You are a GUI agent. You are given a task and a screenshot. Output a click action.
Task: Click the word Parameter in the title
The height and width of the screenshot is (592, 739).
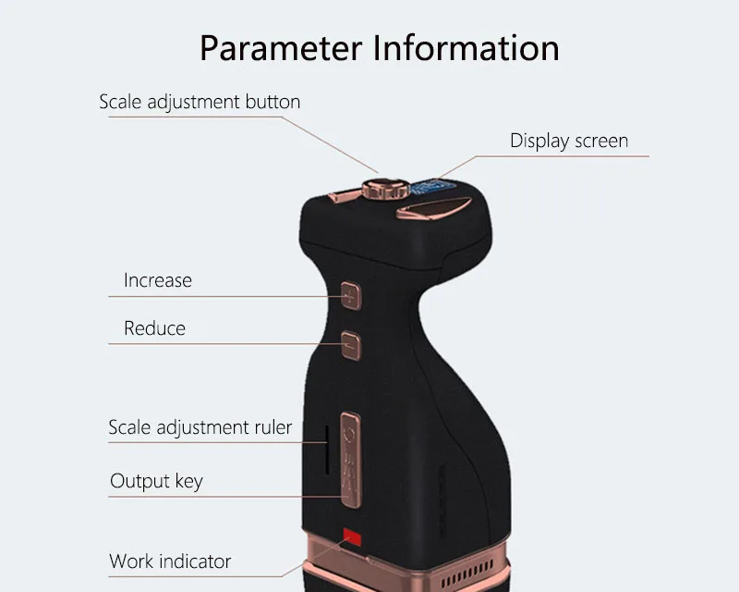point(283,47)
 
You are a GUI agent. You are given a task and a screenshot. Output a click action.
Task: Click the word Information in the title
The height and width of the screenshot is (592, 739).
point(466,47)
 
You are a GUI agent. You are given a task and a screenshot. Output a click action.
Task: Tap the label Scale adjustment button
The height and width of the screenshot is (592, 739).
point(200,102)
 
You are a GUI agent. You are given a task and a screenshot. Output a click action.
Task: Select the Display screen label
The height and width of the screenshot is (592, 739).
point(568,141)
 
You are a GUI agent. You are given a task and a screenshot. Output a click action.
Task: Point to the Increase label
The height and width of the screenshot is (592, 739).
point(158,279)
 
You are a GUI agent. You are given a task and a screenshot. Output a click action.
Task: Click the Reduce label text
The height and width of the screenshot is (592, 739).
point(154,328)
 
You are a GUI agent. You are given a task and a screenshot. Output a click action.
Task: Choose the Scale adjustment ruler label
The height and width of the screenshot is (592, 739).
point(200,427)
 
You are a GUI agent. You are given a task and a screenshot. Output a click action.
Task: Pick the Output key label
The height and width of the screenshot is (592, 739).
point(156,481)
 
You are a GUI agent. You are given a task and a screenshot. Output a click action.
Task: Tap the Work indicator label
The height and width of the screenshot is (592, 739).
point(170,561)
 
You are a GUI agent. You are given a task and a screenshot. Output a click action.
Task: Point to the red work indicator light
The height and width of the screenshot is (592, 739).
point(351,536)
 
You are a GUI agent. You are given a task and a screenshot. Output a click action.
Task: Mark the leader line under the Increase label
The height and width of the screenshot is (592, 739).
point(222,296)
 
